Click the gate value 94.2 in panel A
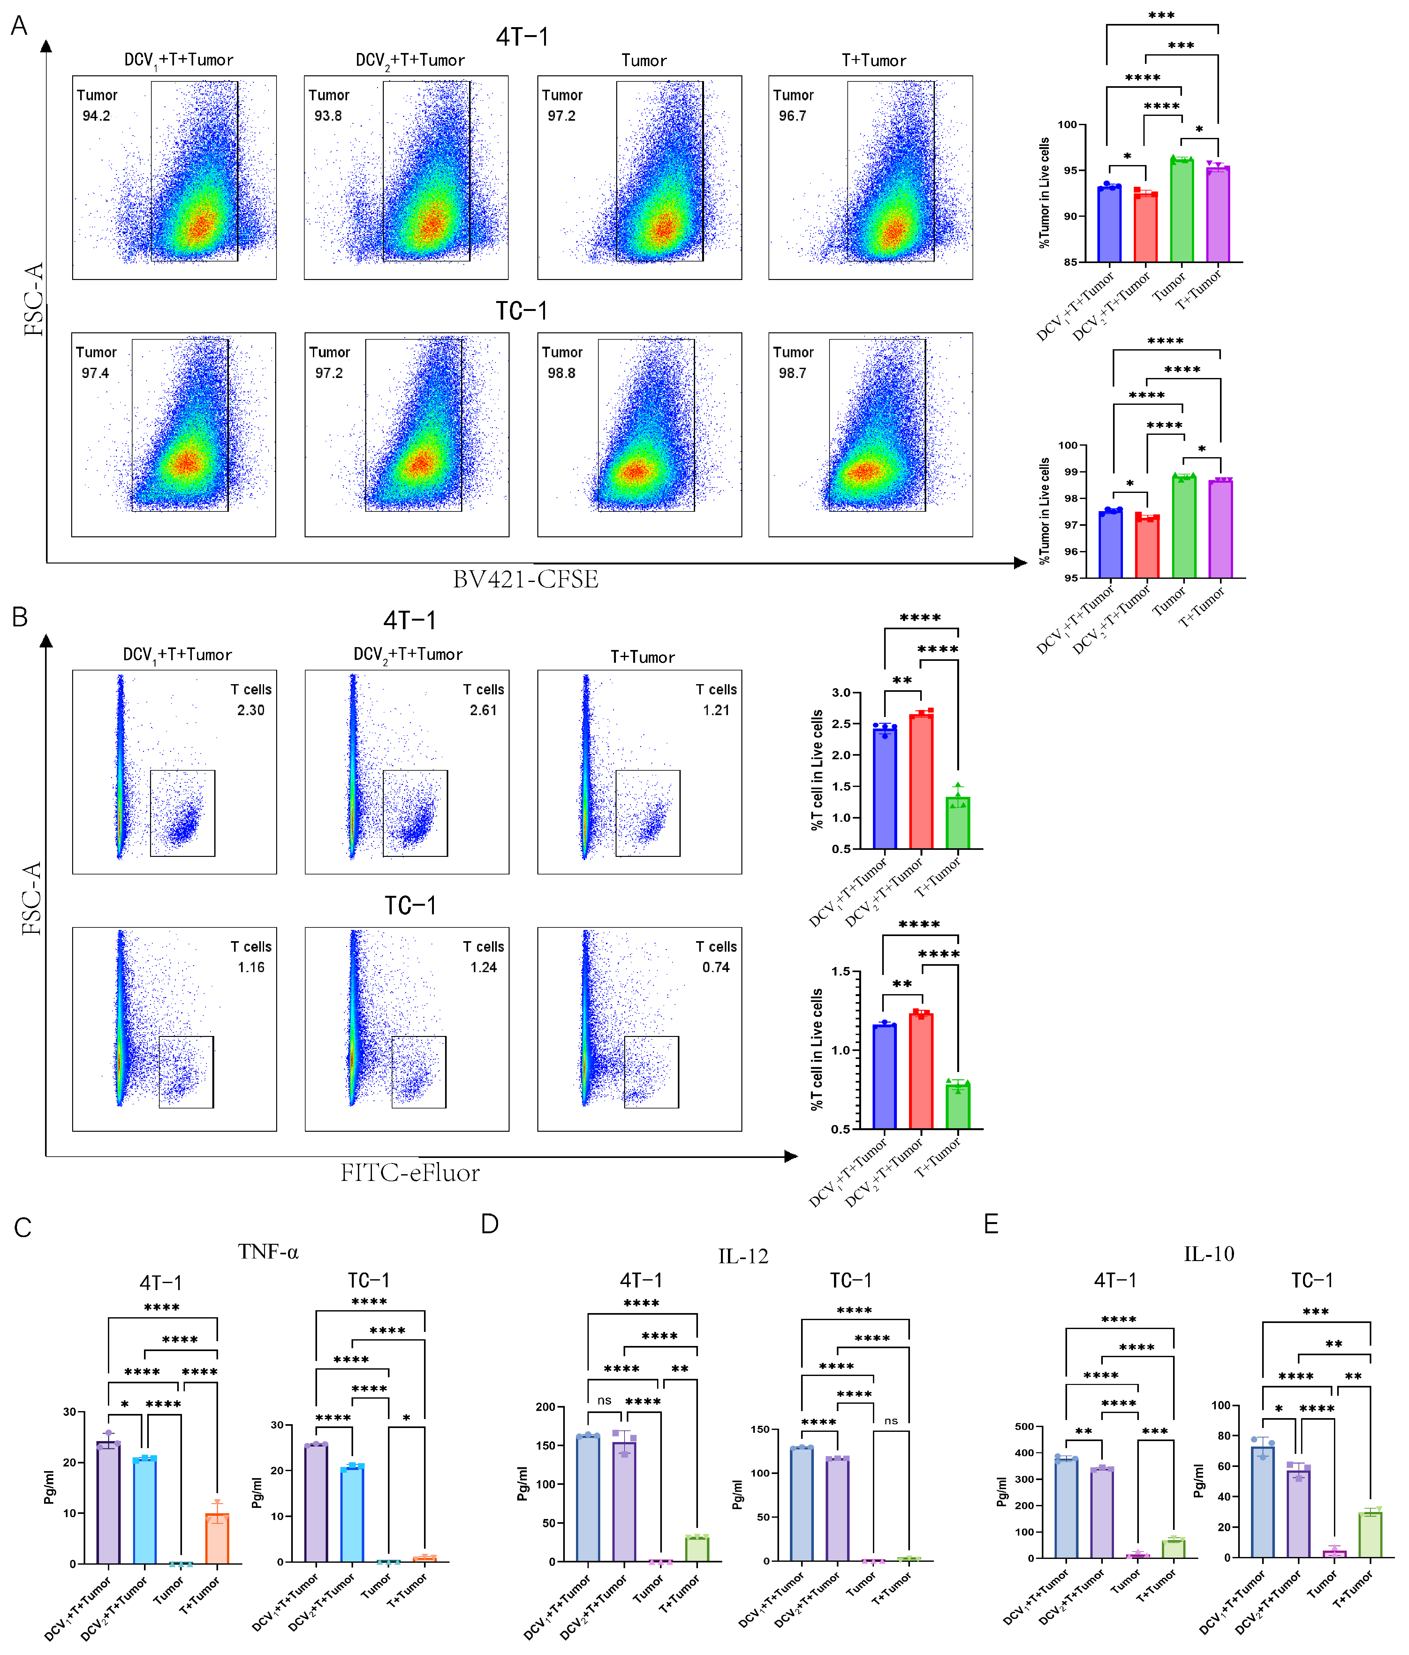pos(96,116)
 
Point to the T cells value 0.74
pos(716,967)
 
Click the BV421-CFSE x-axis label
pos(526,579)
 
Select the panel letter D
pos(490,1224)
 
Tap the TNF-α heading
pos(269,1252)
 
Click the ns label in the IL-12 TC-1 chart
pos(890,1421)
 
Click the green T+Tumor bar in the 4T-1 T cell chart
pos(958,823)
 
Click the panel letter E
pos(991,1224)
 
